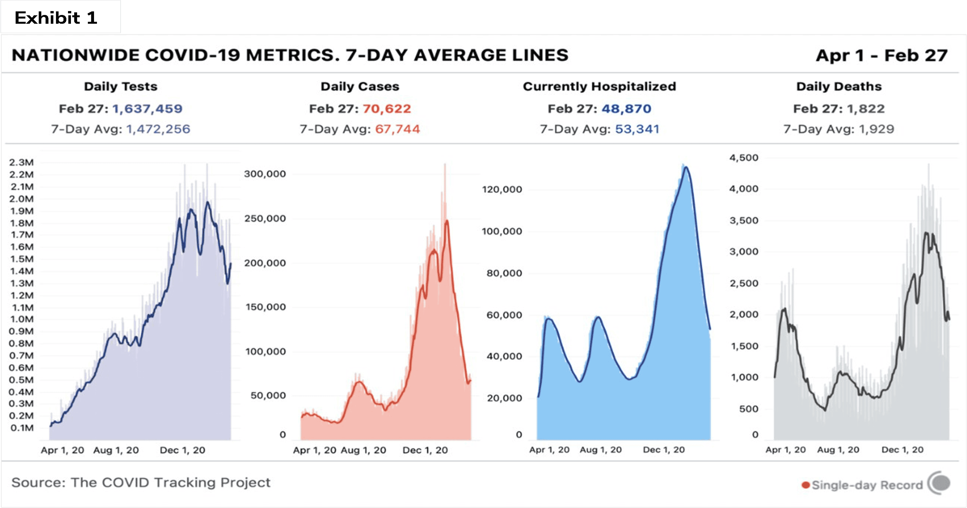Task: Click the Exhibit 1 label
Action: tap(56, 18)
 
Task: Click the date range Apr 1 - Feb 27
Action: tap(882, 56)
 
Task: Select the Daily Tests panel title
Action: tap(120, 86)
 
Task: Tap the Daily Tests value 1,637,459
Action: tap(147, 109)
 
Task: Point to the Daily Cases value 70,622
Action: tap(387, 109)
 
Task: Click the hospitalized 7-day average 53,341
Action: tap(637, 129)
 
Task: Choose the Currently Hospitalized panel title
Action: tap(600, 86)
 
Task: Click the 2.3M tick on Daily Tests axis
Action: tap(21, 163)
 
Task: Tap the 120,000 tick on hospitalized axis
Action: tap(502, 190)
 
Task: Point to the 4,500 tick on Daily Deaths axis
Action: tap(744, 158)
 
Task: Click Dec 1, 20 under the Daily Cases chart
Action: tap(425, 450)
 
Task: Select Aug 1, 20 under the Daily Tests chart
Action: tap(116, 450)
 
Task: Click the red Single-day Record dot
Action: tap(805, 485)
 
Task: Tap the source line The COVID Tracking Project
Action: tap(141, 483)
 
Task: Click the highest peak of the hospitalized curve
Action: tap(686, 167)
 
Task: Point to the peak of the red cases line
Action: tap(447, 221)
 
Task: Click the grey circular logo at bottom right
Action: tap(939, 483)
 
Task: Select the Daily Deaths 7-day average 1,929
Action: tap(877, 129)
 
